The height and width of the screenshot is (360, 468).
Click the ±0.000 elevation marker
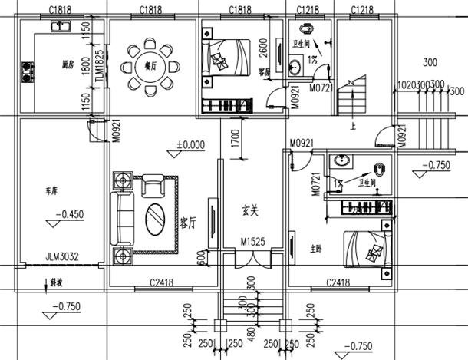tap(190, 144)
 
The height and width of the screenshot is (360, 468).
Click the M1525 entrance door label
tap(252, 242)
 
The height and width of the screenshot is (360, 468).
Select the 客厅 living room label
tap(188, 223)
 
